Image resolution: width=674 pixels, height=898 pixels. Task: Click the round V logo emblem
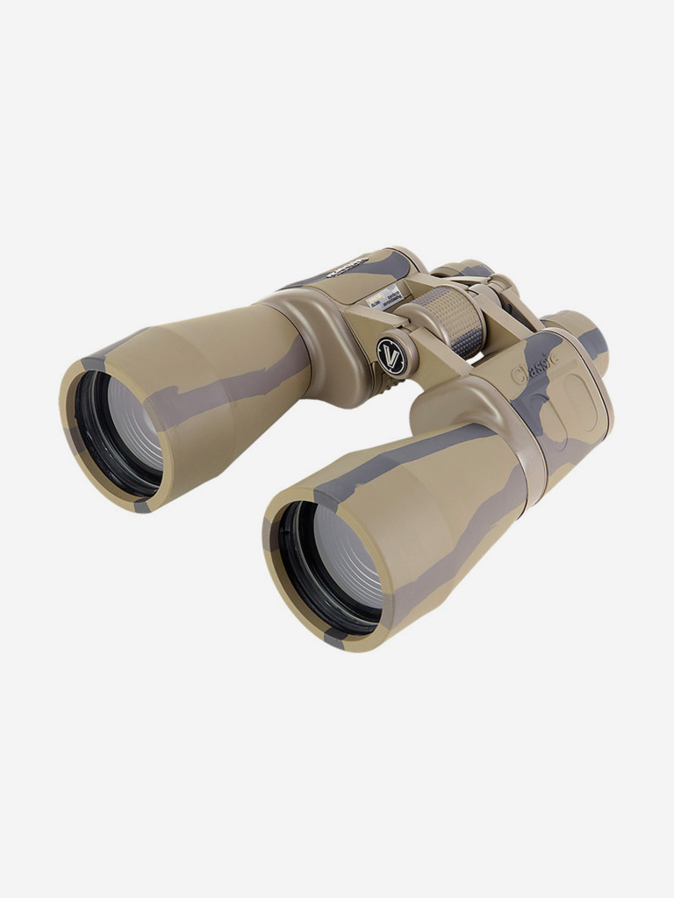click(391, 356)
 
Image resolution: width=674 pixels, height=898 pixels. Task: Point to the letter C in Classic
click(520, 376)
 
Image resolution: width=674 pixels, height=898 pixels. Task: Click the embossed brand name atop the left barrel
click(348, 266)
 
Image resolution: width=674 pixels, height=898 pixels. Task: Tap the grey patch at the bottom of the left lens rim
click(140, 504)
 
